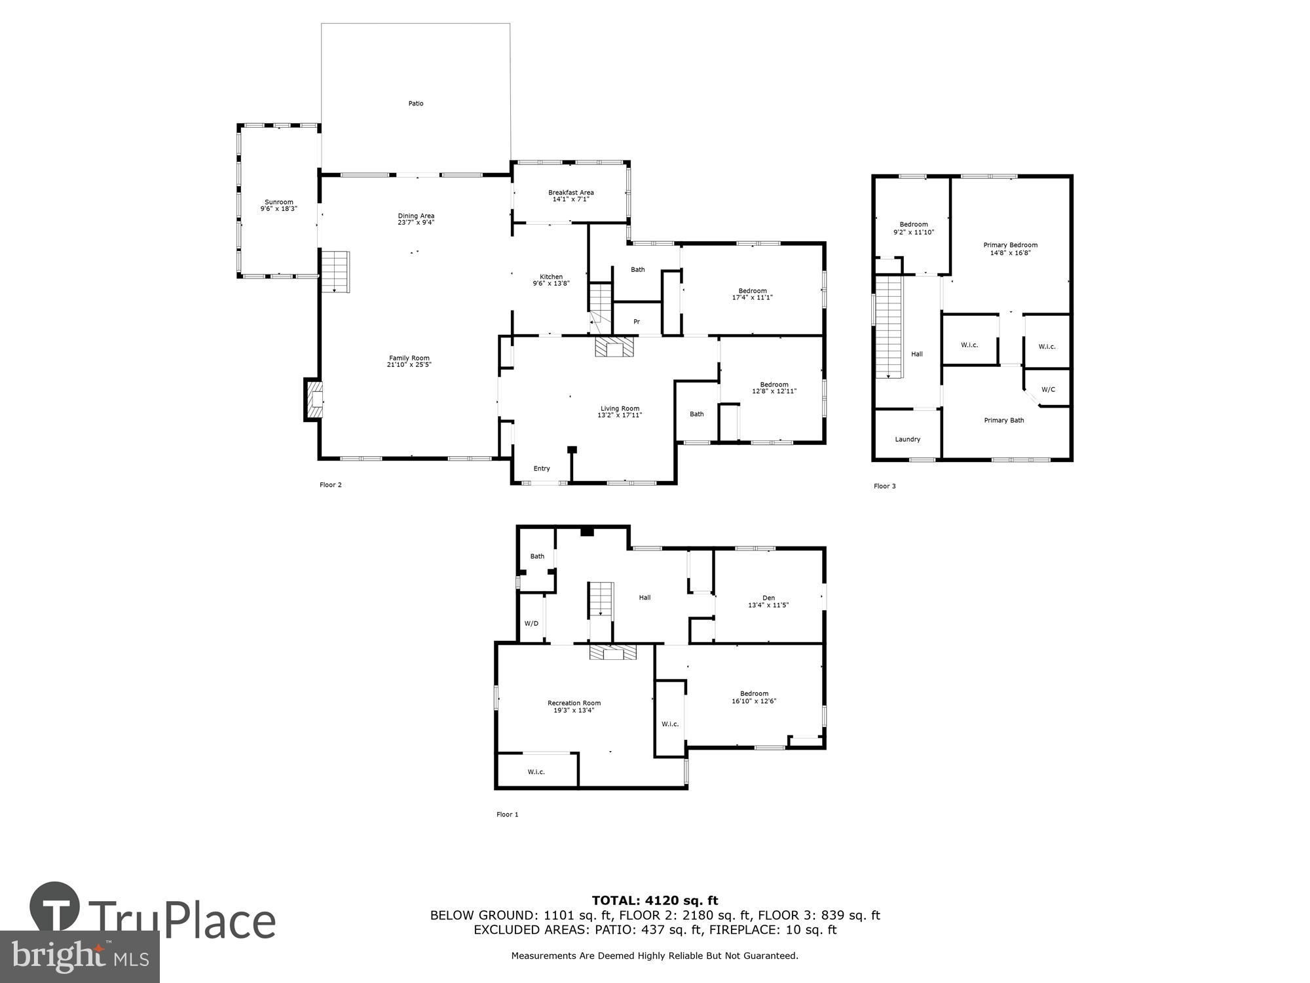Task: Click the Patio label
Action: [416, 104]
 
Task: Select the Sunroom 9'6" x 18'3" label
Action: [279, 205]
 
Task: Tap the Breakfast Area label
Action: [571, 195]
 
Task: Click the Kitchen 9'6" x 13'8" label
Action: [551, 280]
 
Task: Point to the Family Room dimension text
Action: [409, 365]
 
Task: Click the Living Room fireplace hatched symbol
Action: [615, 347]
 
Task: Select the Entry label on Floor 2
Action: [542, 469]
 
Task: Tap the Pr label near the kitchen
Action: [636, 322]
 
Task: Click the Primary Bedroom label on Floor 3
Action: [1010, 248]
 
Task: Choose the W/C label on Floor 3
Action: [1048, 389]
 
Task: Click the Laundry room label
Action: [908, 439]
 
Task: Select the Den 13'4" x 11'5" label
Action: [768, 601]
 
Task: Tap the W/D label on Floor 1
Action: [531, 623]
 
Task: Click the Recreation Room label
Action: [574, 706]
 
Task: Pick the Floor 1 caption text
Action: [507, 815]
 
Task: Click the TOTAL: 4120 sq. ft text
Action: [655, 900]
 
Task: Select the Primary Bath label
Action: [1004, 421]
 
